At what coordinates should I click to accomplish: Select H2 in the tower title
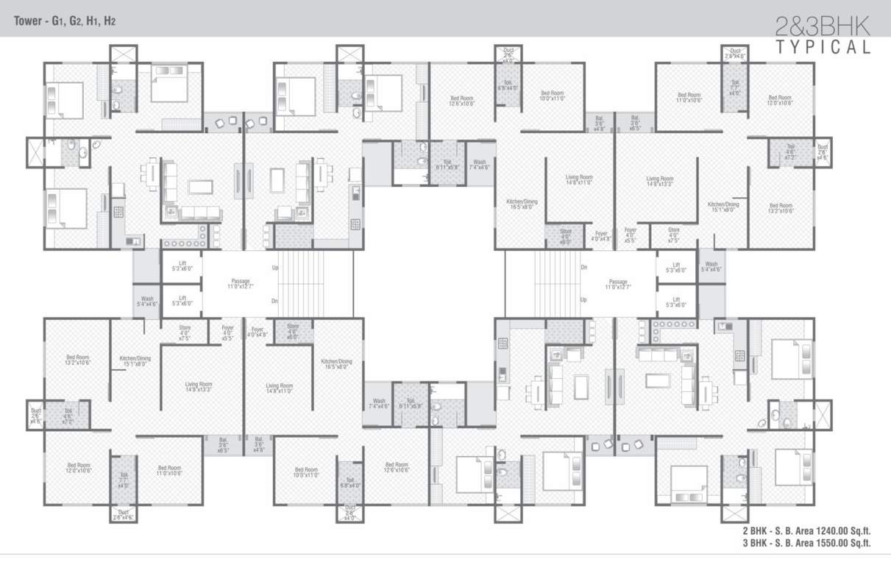(x=109, y=21)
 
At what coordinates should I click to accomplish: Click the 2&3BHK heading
(x=823, y=27)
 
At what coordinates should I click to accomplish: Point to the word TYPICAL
(x=823, y=48)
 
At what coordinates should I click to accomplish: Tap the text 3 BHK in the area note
(x=754, y=543)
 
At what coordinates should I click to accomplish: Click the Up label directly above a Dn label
(x=275, y=268)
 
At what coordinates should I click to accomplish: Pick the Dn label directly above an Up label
(x=583, y=268)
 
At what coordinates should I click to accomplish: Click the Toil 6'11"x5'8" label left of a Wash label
(x=447, y=164)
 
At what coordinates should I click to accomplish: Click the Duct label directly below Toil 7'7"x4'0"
(x=123, y=516)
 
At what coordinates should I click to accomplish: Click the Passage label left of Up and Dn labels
(x=239, y=283)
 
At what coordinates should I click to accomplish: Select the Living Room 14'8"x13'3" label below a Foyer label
(x=198, y=387)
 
